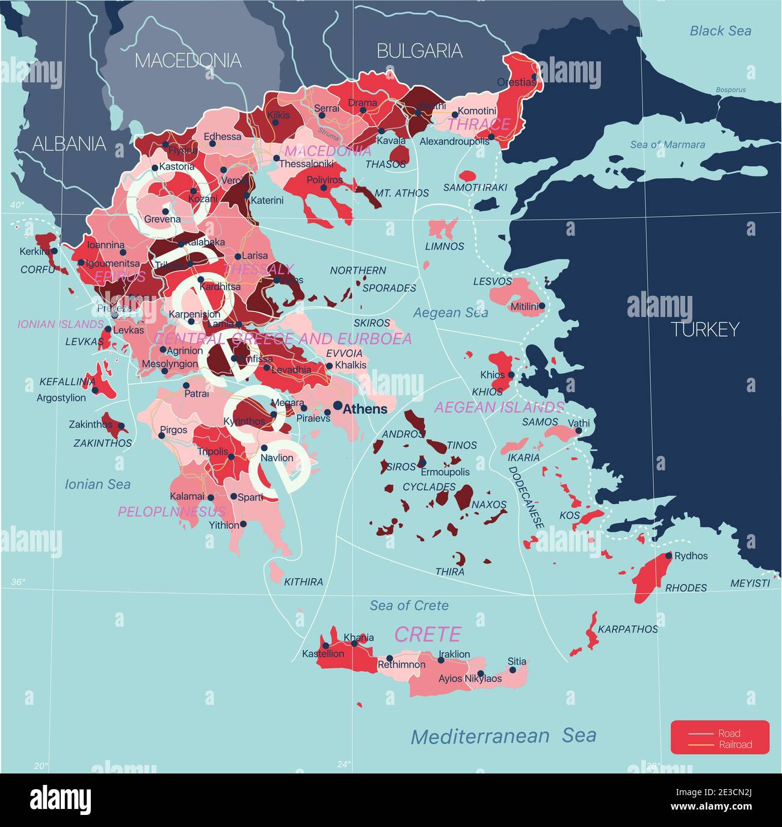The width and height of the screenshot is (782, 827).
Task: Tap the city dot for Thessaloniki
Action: (x=277, y=158)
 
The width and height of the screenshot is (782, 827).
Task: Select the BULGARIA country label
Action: (x=419, y=51)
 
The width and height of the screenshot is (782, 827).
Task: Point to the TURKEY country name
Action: (x=704, y=330)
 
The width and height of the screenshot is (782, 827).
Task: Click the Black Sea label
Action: (x=720, y=31)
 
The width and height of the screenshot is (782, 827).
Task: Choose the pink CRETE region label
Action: (x=428, y=634)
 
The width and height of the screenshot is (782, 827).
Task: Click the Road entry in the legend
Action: (x=729, y=733)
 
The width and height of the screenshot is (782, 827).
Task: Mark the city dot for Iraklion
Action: (x=441, y=660)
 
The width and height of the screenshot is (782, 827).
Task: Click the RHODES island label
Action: (x=686, y=588)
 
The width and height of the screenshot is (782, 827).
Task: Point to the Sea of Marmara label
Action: (x=667, y=144)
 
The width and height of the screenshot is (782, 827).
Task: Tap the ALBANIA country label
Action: (x=69, y=144)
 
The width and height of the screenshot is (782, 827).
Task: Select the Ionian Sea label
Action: (x=97, y=484)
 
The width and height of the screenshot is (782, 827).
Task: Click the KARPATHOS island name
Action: (x=628, y=629)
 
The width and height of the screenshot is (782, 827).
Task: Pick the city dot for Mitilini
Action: (x=542, y=306)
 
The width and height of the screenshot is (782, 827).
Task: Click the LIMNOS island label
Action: (x=445, y=246)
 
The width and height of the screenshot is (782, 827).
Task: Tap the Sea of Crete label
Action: (x=409, y=606)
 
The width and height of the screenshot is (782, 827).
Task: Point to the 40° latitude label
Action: (x=17, y=205)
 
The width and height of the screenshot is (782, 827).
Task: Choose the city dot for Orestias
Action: (x=534, y=77)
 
